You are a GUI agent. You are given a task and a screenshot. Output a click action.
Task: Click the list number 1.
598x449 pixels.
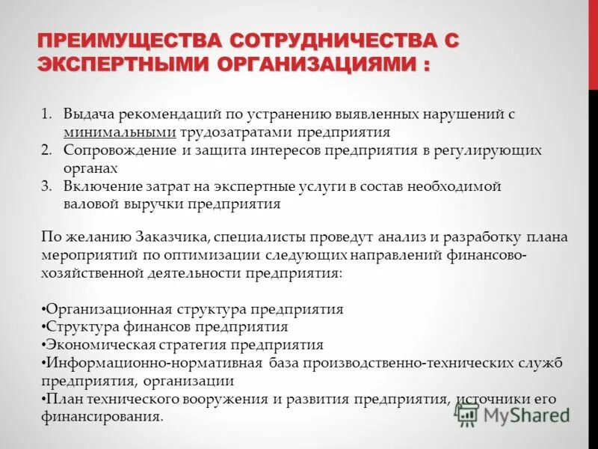(x=46, y=114)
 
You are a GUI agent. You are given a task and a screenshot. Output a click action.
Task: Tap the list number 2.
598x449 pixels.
(x=46, y=150)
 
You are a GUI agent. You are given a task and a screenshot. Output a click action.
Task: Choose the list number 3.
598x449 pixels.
(x=46, y=186)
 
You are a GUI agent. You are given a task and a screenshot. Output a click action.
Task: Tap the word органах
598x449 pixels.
(x=91, y=168)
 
